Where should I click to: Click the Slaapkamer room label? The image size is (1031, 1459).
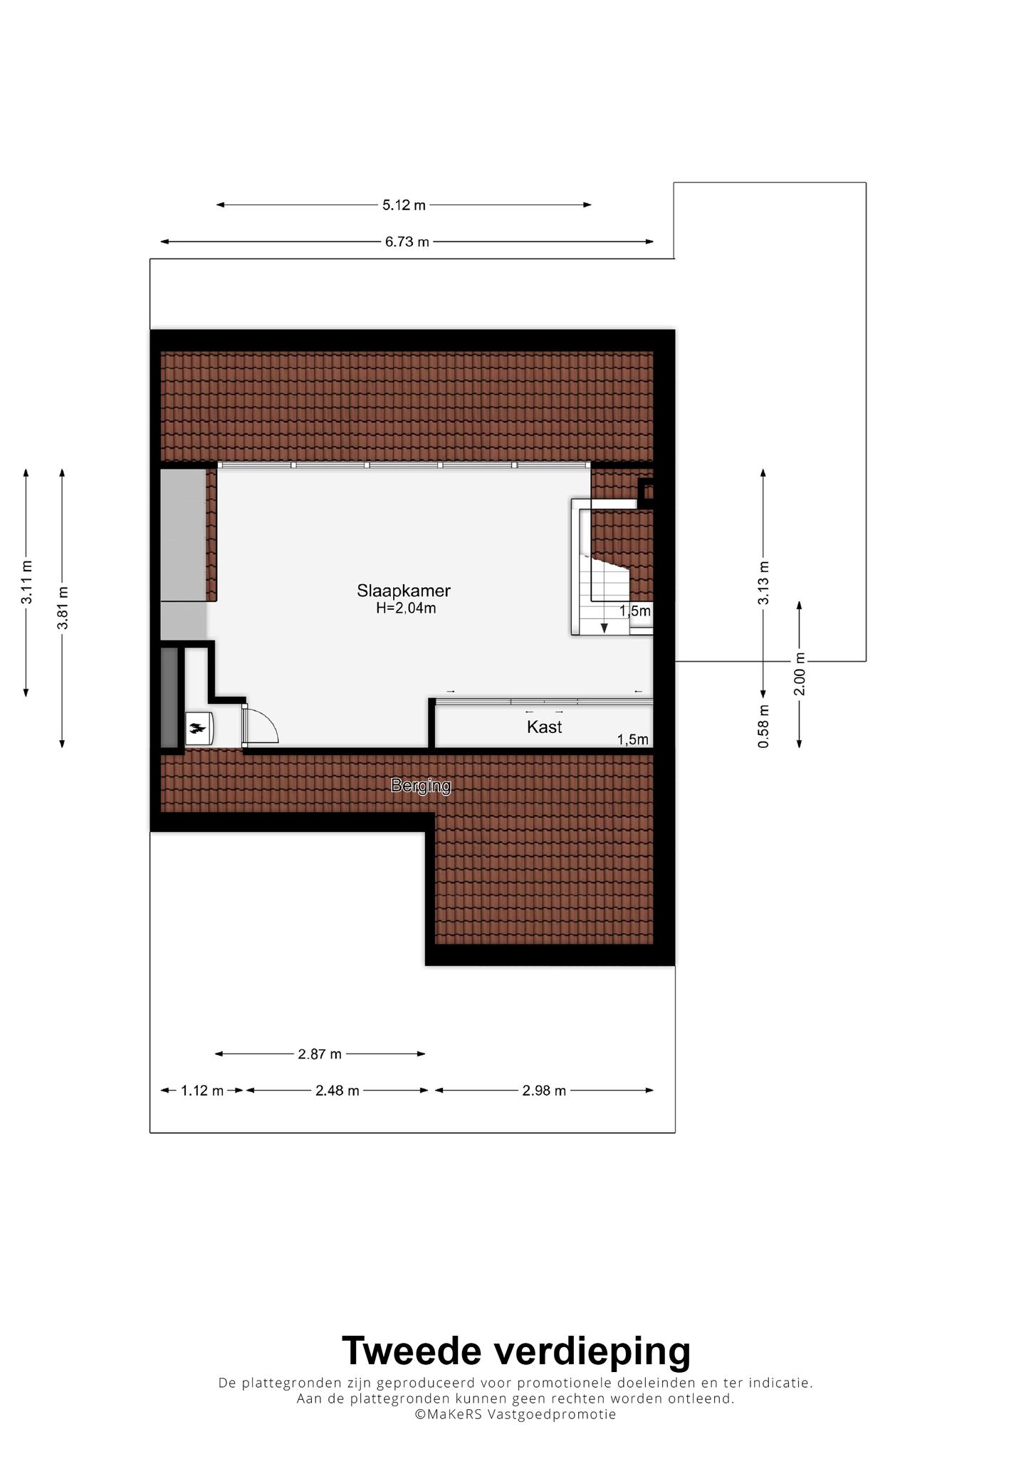pos(404,591)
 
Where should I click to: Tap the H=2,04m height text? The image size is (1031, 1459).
pos(406,608)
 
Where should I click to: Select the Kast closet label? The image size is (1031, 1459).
pos(544,727)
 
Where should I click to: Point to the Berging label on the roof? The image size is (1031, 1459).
pos(421,786)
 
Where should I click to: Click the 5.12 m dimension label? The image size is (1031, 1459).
pos(404,205)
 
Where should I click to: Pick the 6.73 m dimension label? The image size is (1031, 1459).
pos(407,242)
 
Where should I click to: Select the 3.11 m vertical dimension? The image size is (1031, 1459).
pos(26,582)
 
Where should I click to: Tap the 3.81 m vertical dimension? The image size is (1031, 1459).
pos(63,608)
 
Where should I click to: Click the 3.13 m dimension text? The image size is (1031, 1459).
pos(763,583)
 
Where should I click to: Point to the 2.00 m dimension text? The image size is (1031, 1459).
pos(800,674)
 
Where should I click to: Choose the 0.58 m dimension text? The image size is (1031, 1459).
pos(763,726)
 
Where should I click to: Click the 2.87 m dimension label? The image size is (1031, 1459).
pos(320,1054)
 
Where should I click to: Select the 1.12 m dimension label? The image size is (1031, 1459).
pos(202,1090)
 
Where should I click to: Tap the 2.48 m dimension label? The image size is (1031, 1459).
pos(337,1090)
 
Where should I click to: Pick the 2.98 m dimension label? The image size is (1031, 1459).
pos(544,1090)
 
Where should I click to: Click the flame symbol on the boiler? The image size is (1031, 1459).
pos(197,728)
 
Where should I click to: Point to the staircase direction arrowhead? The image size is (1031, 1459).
pos(605,628)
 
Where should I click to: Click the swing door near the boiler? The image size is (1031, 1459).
pos(259,725)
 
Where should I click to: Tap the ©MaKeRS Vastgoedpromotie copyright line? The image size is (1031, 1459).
pos(516,1414)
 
